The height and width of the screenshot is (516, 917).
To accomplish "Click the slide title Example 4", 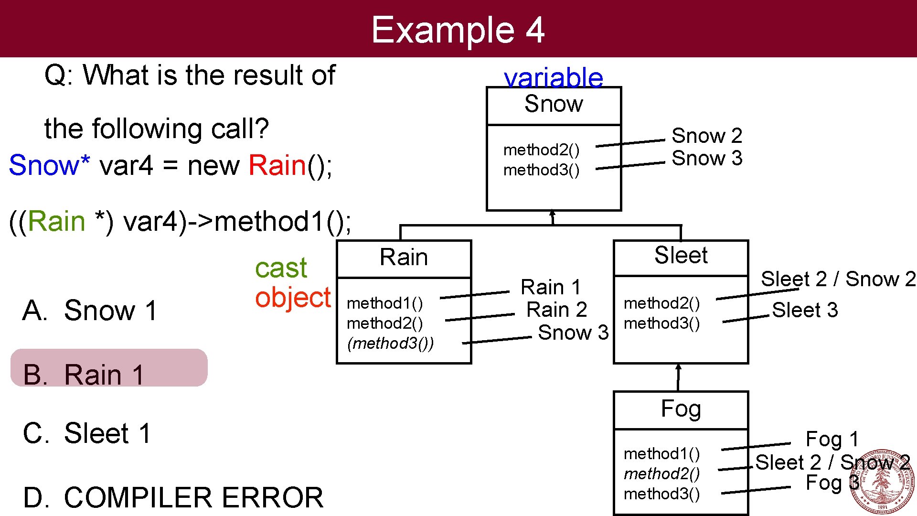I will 458,30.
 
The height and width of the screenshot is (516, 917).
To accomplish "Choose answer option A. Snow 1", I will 90,311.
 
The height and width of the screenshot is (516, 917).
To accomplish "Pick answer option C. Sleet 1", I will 87,434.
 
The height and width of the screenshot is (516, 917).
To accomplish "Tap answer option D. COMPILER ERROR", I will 173,497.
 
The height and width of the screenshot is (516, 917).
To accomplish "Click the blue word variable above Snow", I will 553,77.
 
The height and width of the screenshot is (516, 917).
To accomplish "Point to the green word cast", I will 281,268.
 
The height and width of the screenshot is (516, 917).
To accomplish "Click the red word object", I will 292,298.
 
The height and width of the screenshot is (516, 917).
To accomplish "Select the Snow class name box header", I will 554,105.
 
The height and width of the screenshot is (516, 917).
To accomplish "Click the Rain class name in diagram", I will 404,258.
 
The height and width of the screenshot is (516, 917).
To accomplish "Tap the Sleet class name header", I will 681,256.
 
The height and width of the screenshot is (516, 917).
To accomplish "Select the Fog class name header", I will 681,409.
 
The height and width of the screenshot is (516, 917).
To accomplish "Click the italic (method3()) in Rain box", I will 390,344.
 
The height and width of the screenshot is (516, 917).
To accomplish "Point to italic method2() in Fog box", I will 661,474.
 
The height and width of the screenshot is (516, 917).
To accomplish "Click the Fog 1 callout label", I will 832,439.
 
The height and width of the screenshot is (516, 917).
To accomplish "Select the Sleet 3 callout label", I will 805,310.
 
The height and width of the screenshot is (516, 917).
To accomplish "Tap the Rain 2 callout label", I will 556,310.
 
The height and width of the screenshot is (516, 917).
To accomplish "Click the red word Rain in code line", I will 277,166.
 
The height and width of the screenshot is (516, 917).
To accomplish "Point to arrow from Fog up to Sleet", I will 678,377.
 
